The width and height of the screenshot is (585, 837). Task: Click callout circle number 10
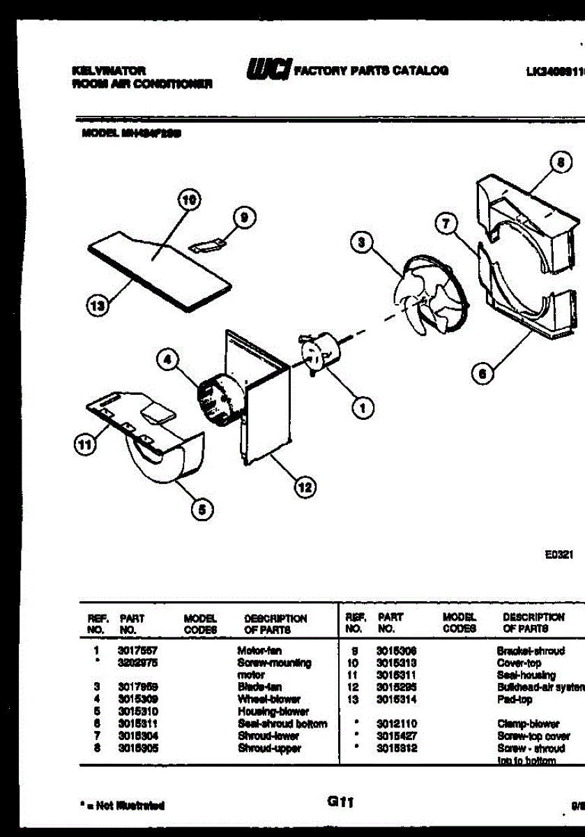tap(186, 199)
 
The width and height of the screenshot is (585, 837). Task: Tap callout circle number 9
tap(243, 218)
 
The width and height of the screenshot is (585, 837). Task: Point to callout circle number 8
tap(559, 163)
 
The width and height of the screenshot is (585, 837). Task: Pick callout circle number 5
tap(202, 510)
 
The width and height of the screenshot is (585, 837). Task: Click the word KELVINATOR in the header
tap(109, 70)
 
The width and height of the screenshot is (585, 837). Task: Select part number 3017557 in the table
tap(132, 651)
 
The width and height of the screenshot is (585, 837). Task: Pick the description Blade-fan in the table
tap(259, 687)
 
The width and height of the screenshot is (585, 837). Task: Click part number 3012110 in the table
tap(397, 724)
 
